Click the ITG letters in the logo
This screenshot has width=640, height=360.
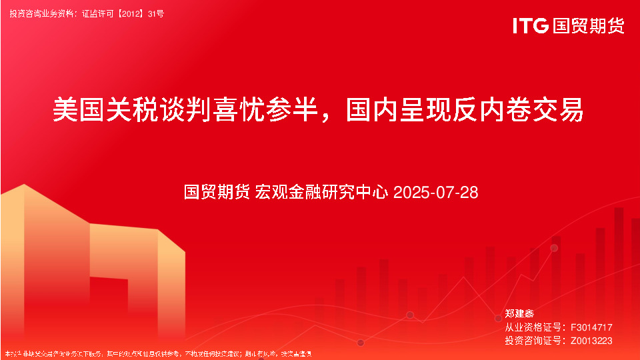(531, 26)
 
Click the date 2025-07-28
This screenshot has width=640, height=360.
(436, 193)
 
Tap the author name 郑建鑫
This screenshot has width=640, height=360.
(519, 313)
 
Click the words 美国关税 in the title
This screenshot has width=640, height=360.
(106, 110)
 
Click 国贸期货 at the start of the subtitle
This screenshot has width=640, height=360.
(217, 193)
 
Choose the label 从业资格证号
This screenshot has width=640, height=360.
(531, 327)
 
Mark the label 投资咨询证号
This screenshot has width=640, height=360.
(531, 341)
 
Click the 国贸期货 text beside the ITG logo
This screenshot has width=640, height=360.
(589, 26)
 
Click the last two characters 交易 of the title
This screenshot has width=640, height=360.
(563, 110)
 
